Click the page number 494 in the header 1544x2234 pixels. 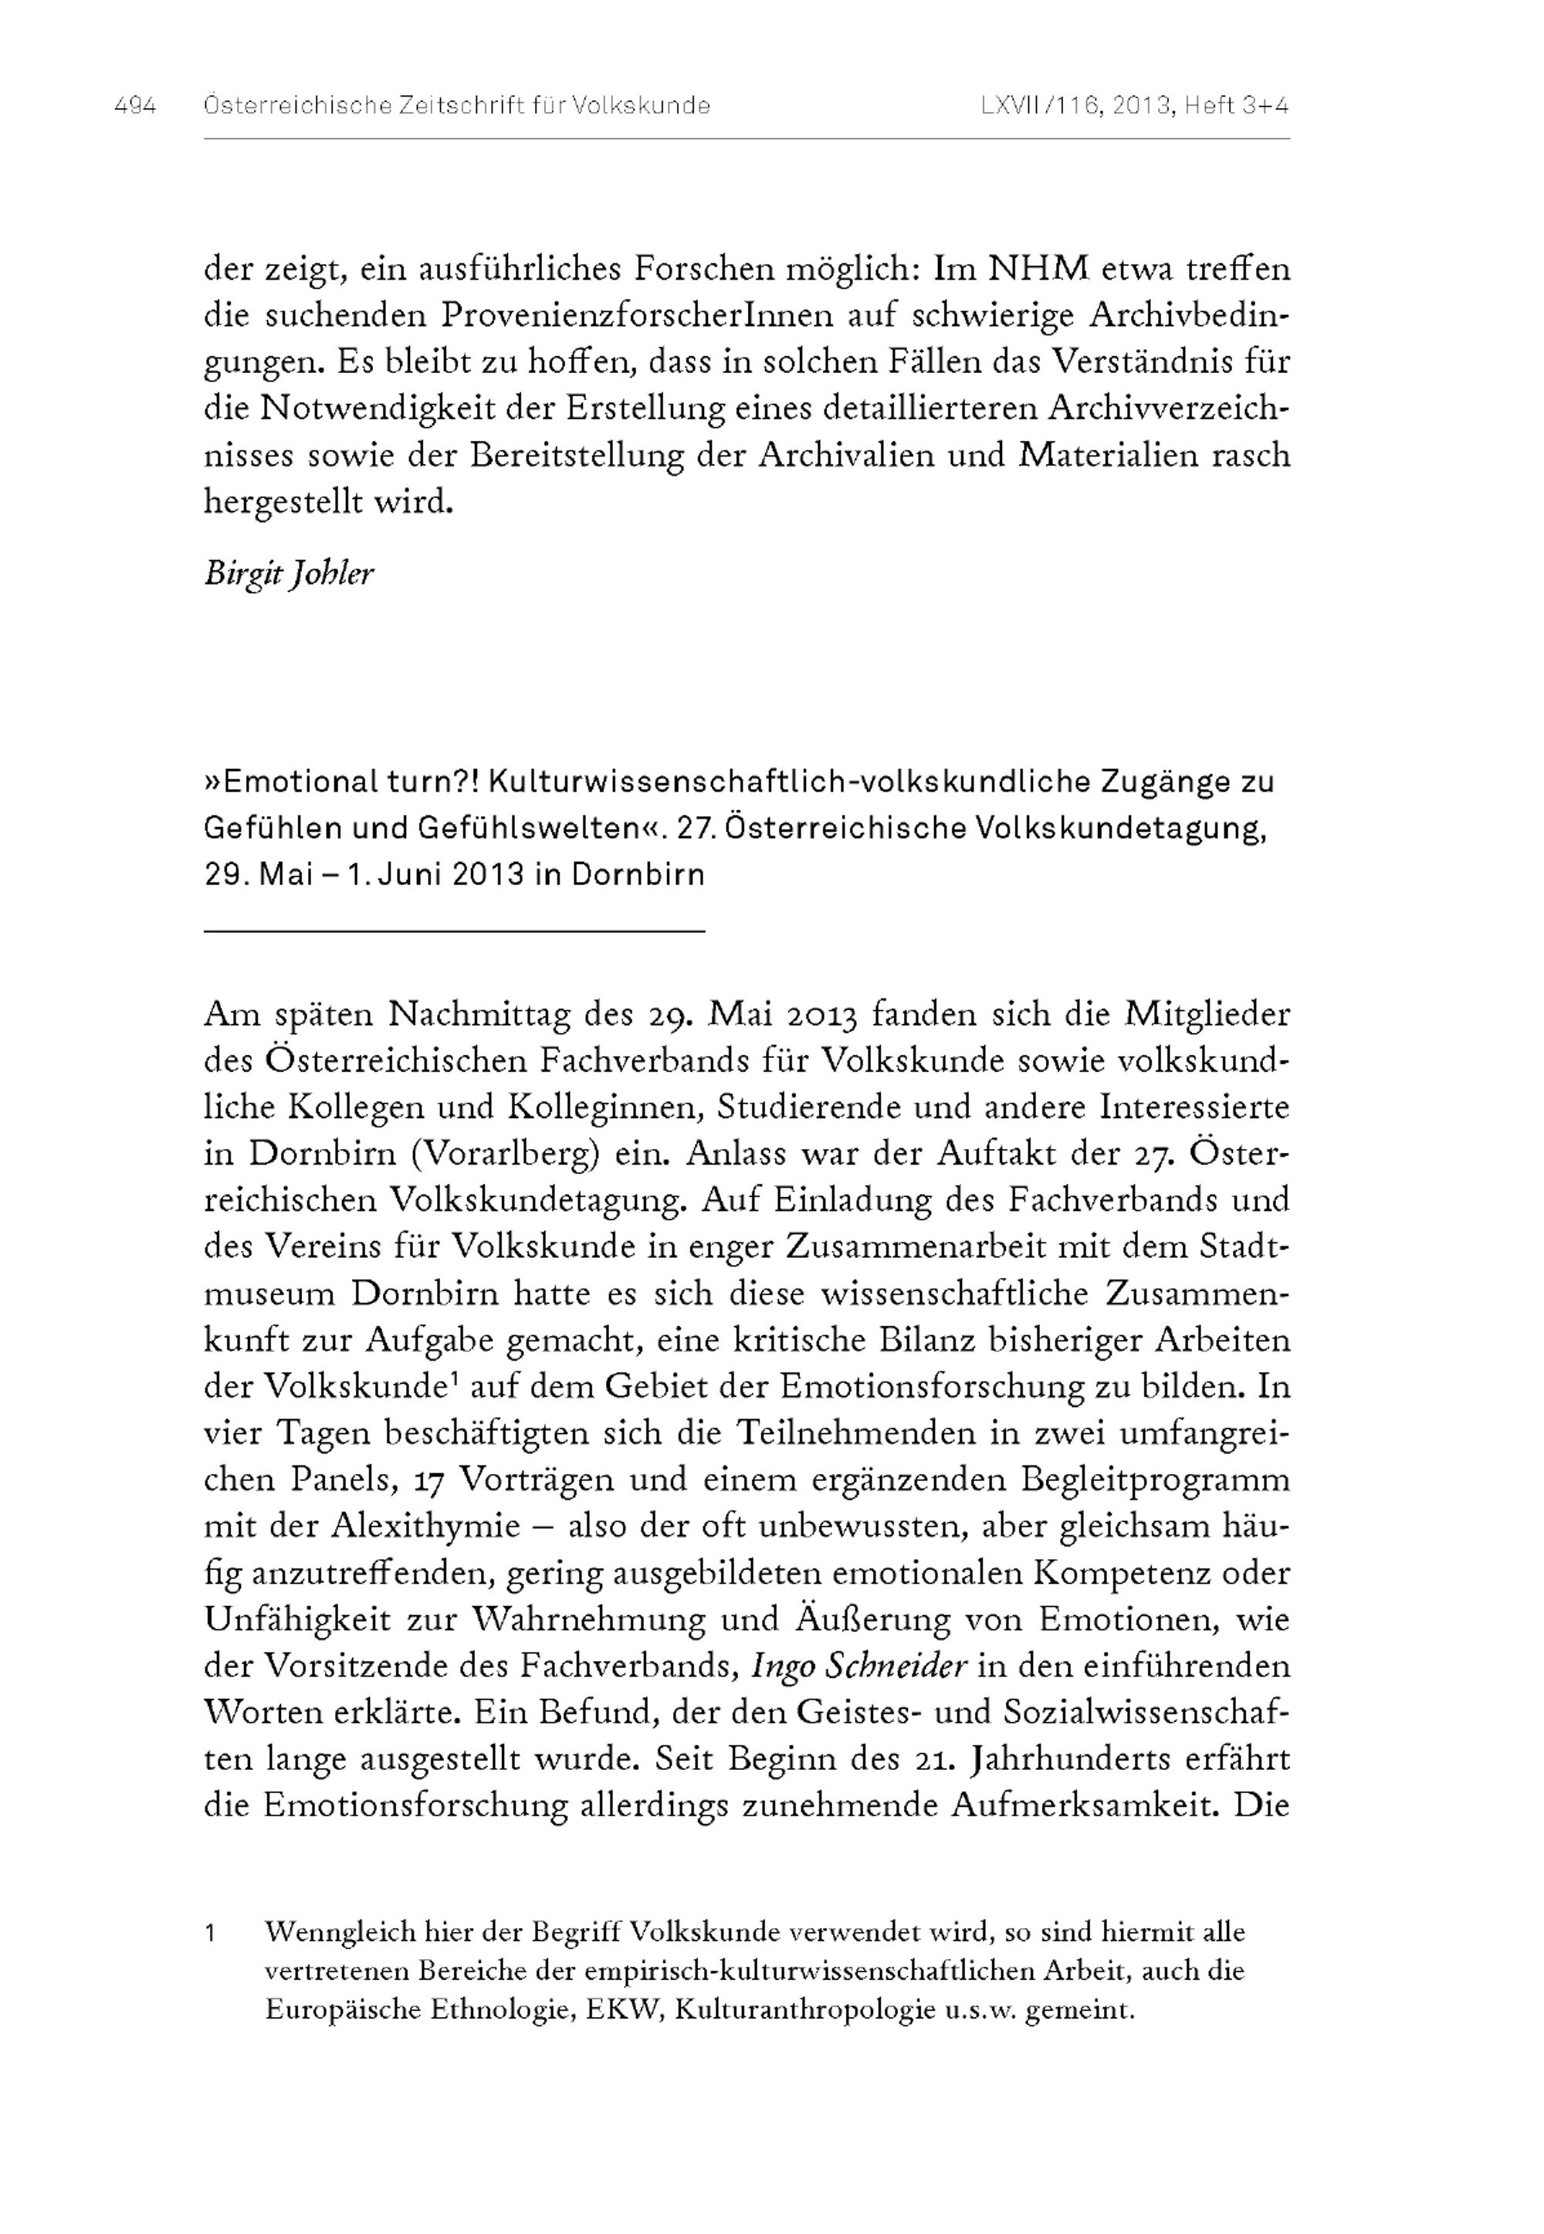[134, 106]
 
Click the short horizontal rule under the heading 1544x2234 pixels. [455, 931]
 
